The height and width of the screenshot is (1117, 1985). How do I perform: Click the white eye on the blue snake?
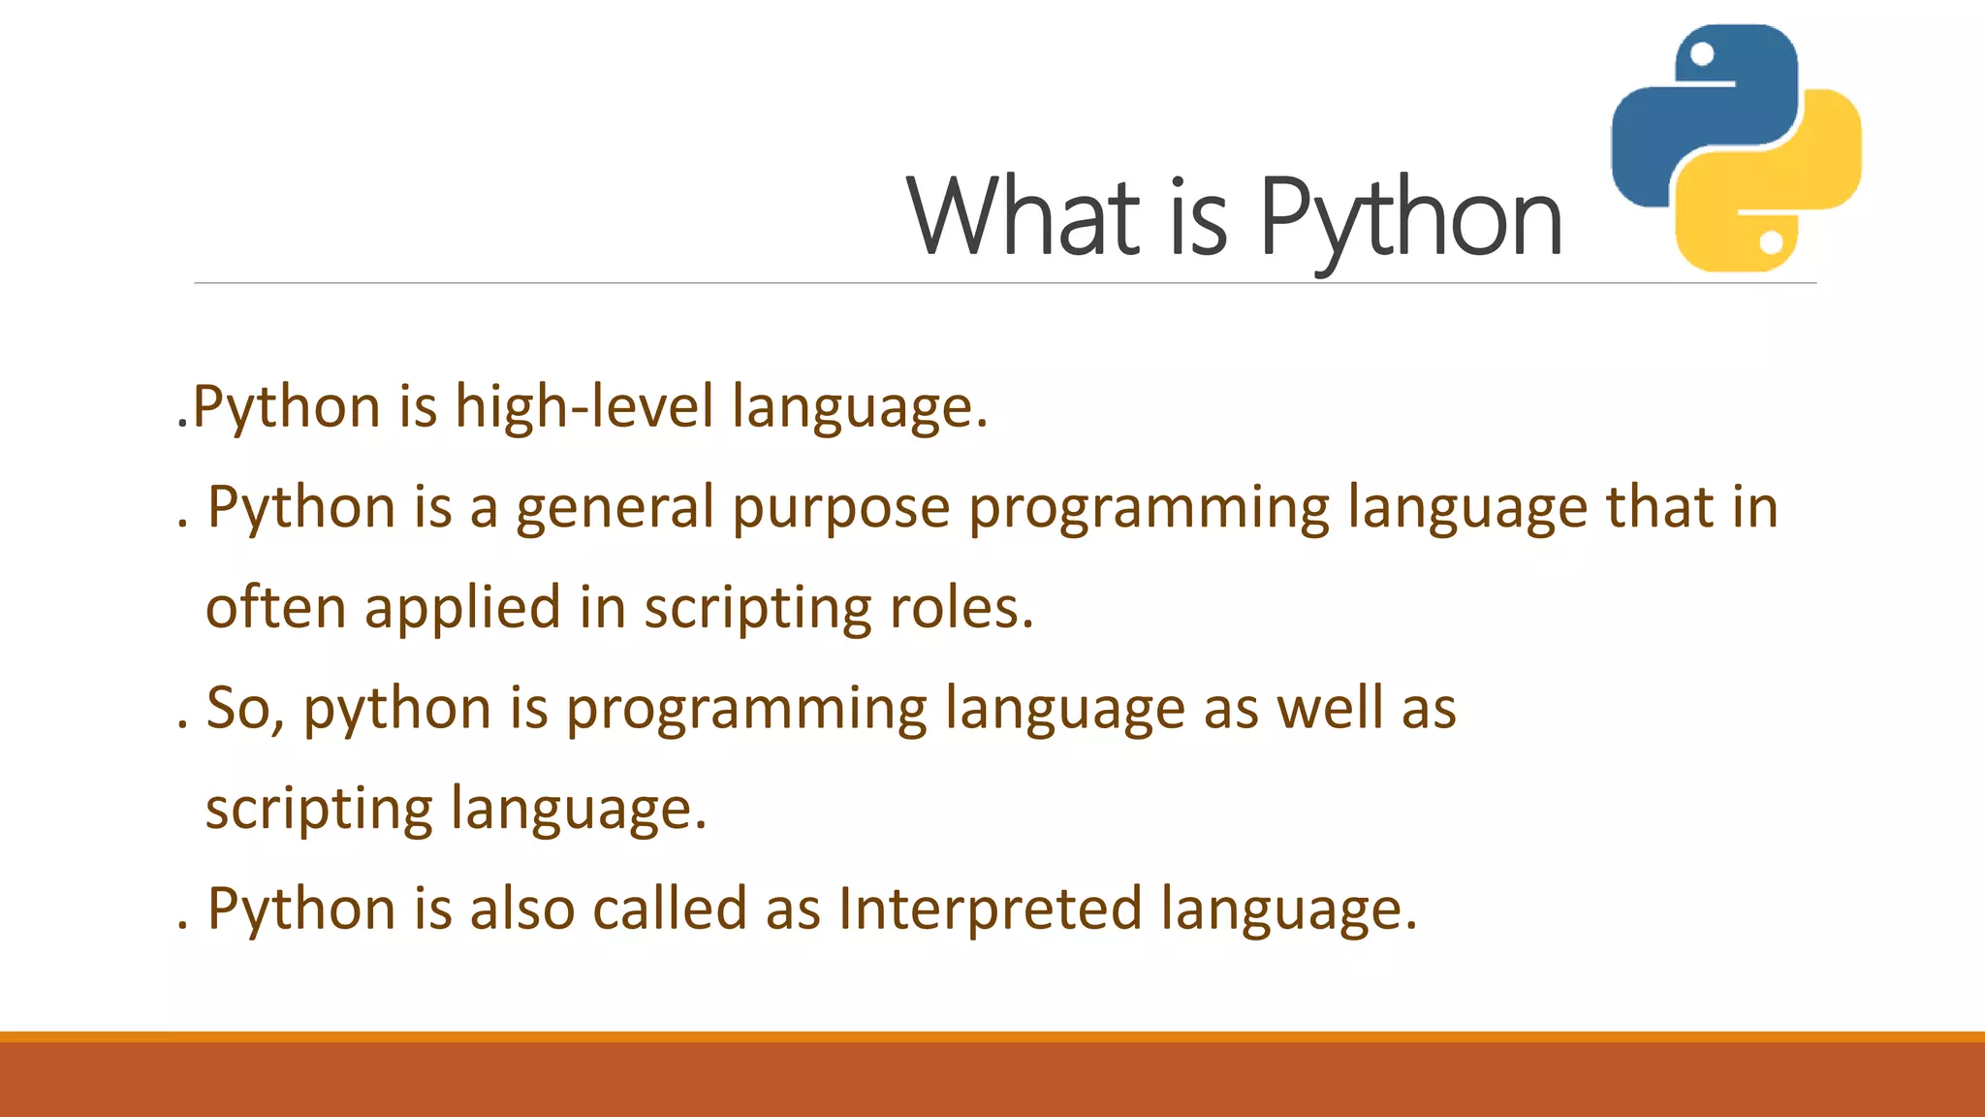[1702, 54]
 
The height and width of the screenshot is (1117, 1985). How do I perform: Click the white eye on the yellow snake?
[1771, 240]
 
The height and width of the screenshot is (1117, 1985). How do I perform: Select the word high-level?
[584, 406]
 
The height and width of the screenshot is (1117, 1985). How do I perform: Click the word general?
[614, 507]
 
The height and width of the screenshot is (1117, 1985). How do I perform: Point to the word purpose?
[841, 507]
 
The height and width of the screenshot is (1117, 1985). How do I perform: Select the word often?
[275, 608]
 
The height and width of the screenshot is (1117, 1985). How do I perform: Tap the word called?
[670, 910]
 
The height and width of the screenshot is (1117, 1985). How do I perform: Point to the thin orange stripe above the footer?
[992, 1037]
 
